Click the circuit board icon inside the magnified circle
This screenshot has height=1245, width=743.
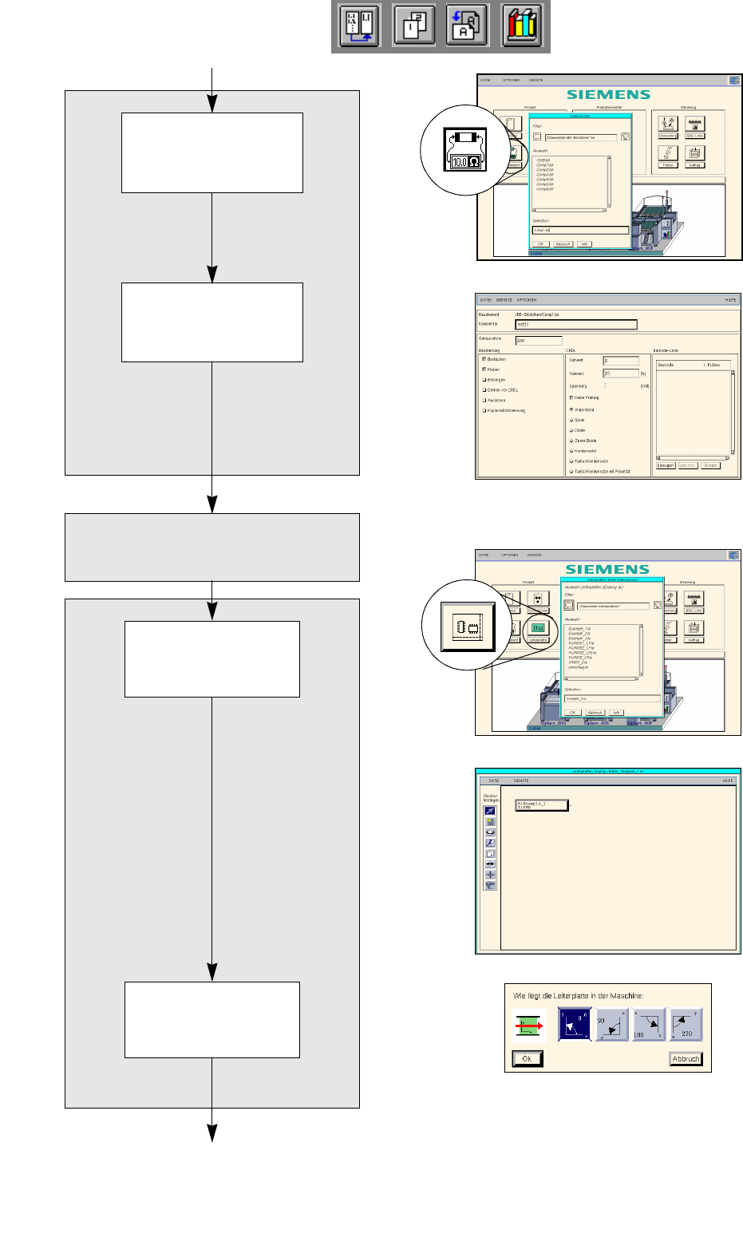[468, 627]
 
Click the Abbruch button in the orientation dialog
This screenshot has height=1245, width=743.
[685, 1059]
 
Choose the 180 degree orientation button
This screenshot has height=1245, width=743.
[648, 1024]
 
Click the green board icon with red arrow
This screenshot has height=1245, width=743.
[528, 1026]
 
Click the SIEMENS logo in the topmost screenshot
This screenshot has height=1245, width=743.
[608, 94]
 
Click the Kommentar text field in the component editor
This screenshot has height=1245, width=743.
[575, 325]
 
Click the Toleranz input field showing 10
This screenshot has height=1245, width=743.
[621, 373]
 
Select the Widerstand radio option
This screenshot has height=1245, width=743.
[571, 409]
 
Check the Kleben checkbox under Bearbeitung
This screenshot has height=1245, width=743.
[484, 370]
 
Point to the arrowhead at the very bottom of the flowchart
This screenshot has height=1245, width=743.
[212, 1133]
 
